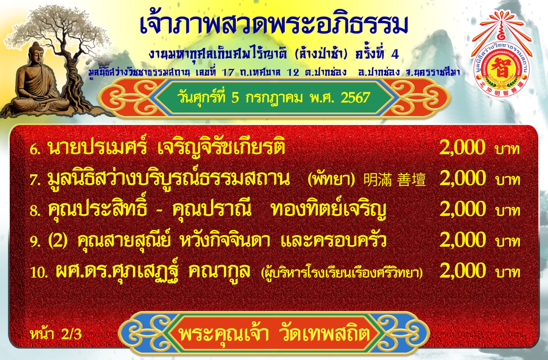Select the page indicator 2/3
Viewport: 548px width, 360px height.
coord(71,334)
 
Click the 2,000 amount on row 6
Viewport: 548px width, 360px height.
coord(462,147)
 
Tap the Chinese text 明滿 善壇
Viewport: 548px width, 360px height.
coord(394,179)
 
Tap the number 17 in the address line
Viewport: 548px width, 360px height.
coord(228,73)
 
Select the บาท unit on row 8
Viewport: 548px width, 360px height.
coord(508,210)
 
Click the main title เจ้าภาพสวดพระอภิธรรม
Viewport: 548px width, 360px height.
coord(274,24)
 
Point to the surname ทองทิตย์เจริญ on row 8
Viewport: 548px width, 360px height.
coord(329,209)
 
